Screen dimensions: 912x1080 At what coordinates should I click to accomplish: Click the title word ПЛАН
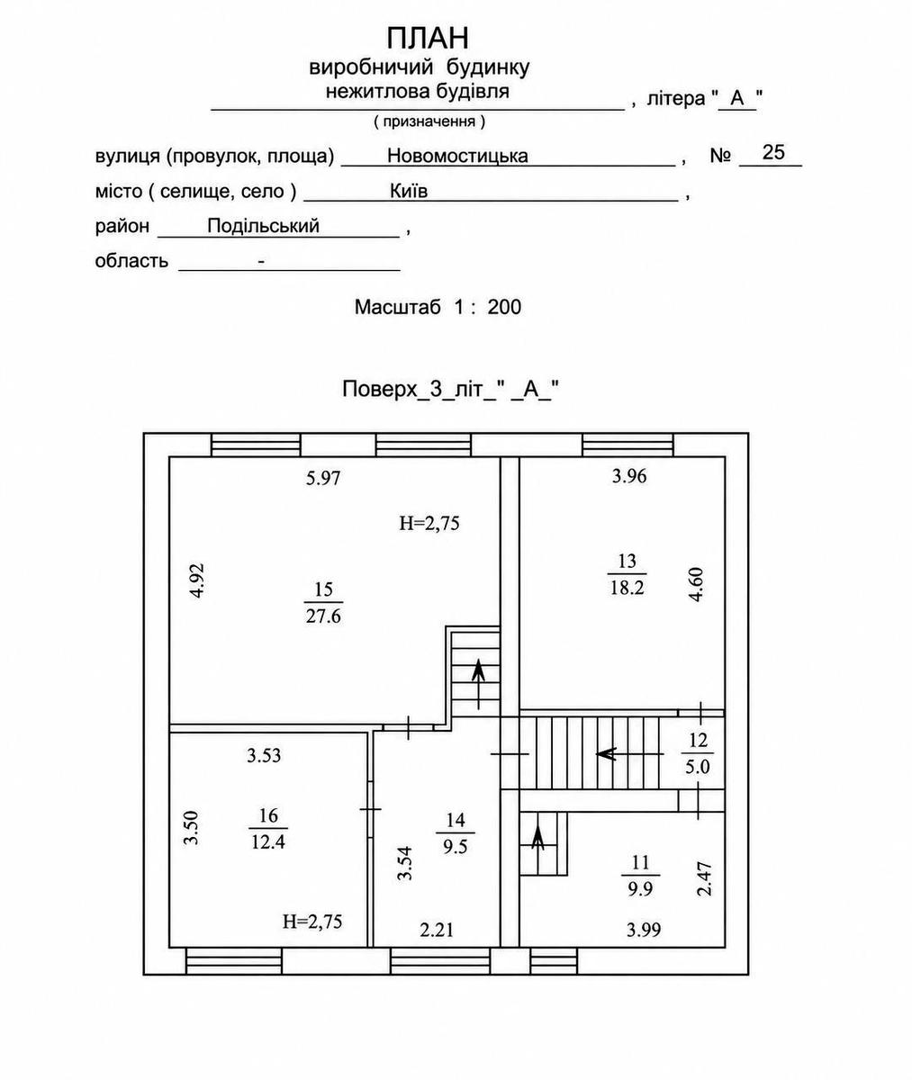click(428, 38)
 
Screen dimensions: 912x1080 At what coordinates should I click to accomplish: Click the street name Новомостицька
click(457, 156)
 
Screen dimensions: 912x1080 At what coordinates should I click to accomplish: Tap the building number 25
click(773, 152)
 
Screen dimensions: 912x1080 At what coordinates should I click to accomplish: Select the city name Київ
click(409, 191)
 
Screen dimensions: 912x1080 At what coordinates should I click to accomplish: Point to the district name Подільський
click(263, 226)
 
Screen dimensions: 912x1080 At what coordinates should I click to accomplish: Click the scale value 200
click(504, 307)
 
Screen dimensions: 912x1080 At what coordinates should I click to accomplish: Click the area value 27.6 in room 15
click(323, 616)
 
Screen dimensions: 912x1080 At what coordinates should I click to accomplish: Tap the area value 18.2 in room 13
click(627, 588)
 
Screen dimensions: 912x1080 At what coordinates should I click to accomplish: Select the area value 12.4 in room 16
click(268, 842)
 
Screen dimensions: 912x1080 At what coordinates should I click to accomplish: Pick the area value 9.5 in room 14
click(455, 847)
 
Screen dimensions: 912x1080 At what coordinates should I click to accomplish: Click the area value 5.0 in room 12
click(697, 766)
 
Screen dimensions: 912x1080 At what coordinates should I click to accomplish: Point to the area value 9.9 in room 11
click(640, 889)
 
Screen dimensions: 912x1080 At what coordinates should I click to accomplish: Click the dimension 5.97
click(323, 478)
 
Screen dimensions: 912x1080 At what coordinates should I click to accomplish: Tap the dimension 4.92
click(198, 580)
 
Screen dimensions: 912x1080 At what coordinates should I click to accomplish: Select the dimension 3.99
click(644, 931)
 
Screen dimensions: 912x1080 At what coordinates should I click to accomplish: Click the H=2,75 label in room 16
click(312, 922)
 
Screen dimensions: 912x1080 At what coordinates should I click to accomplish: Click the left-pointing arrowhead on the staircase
click(606, 754)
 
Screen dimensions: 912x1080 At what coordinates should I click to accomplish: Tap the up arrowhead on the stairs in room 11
click(538, 833)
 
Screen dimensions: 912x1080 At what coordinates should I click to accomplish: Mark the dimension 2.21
click(437, 931)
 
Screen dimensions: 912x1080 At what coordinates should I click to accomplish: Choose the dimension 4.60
click(697, 584)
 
